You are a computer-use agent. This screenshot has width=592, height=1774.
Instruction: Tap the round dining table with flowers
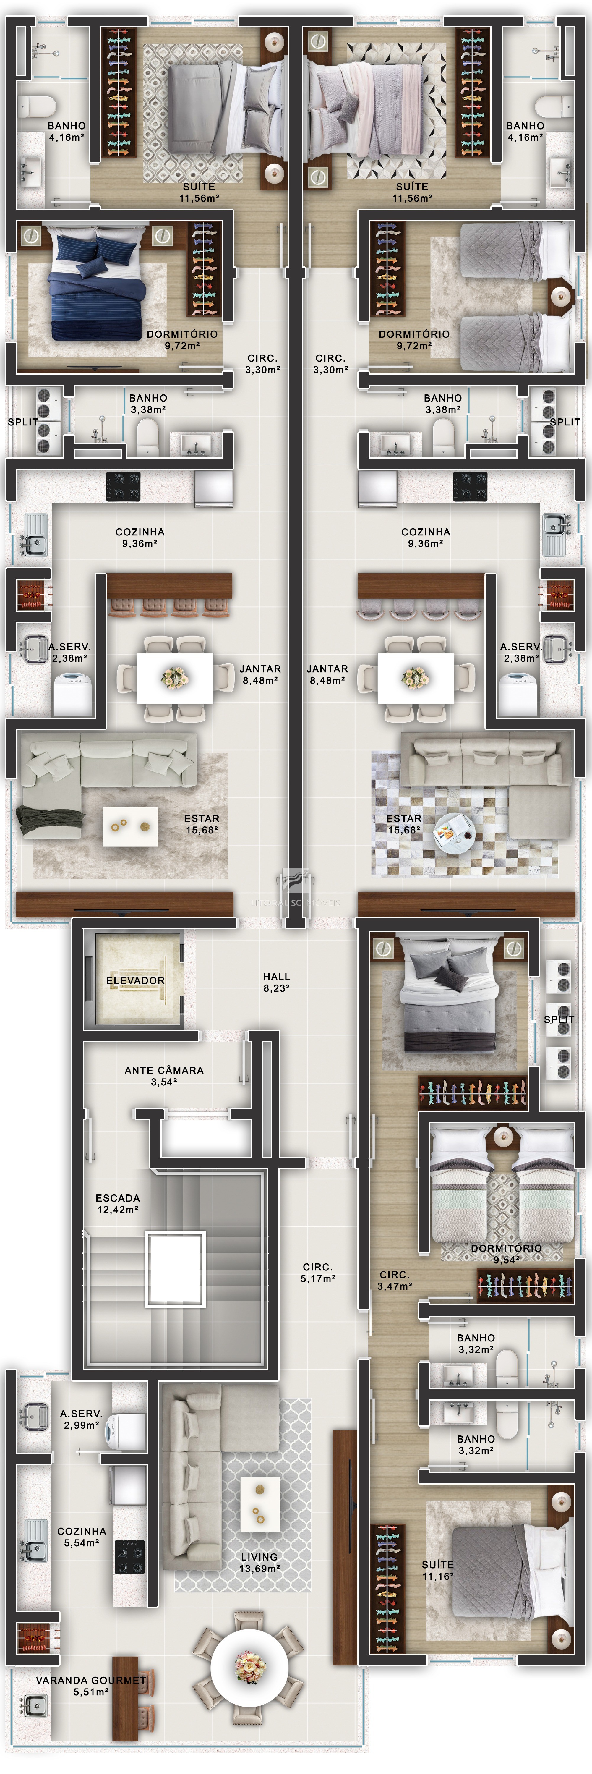tap(249, 1667)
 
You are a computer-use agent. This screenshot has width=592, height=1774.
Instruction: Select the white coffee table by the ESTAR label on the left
tap(130, 826)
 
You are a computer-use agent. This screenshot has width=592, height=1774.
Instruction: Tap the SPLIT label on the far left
tap(23, 421)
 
